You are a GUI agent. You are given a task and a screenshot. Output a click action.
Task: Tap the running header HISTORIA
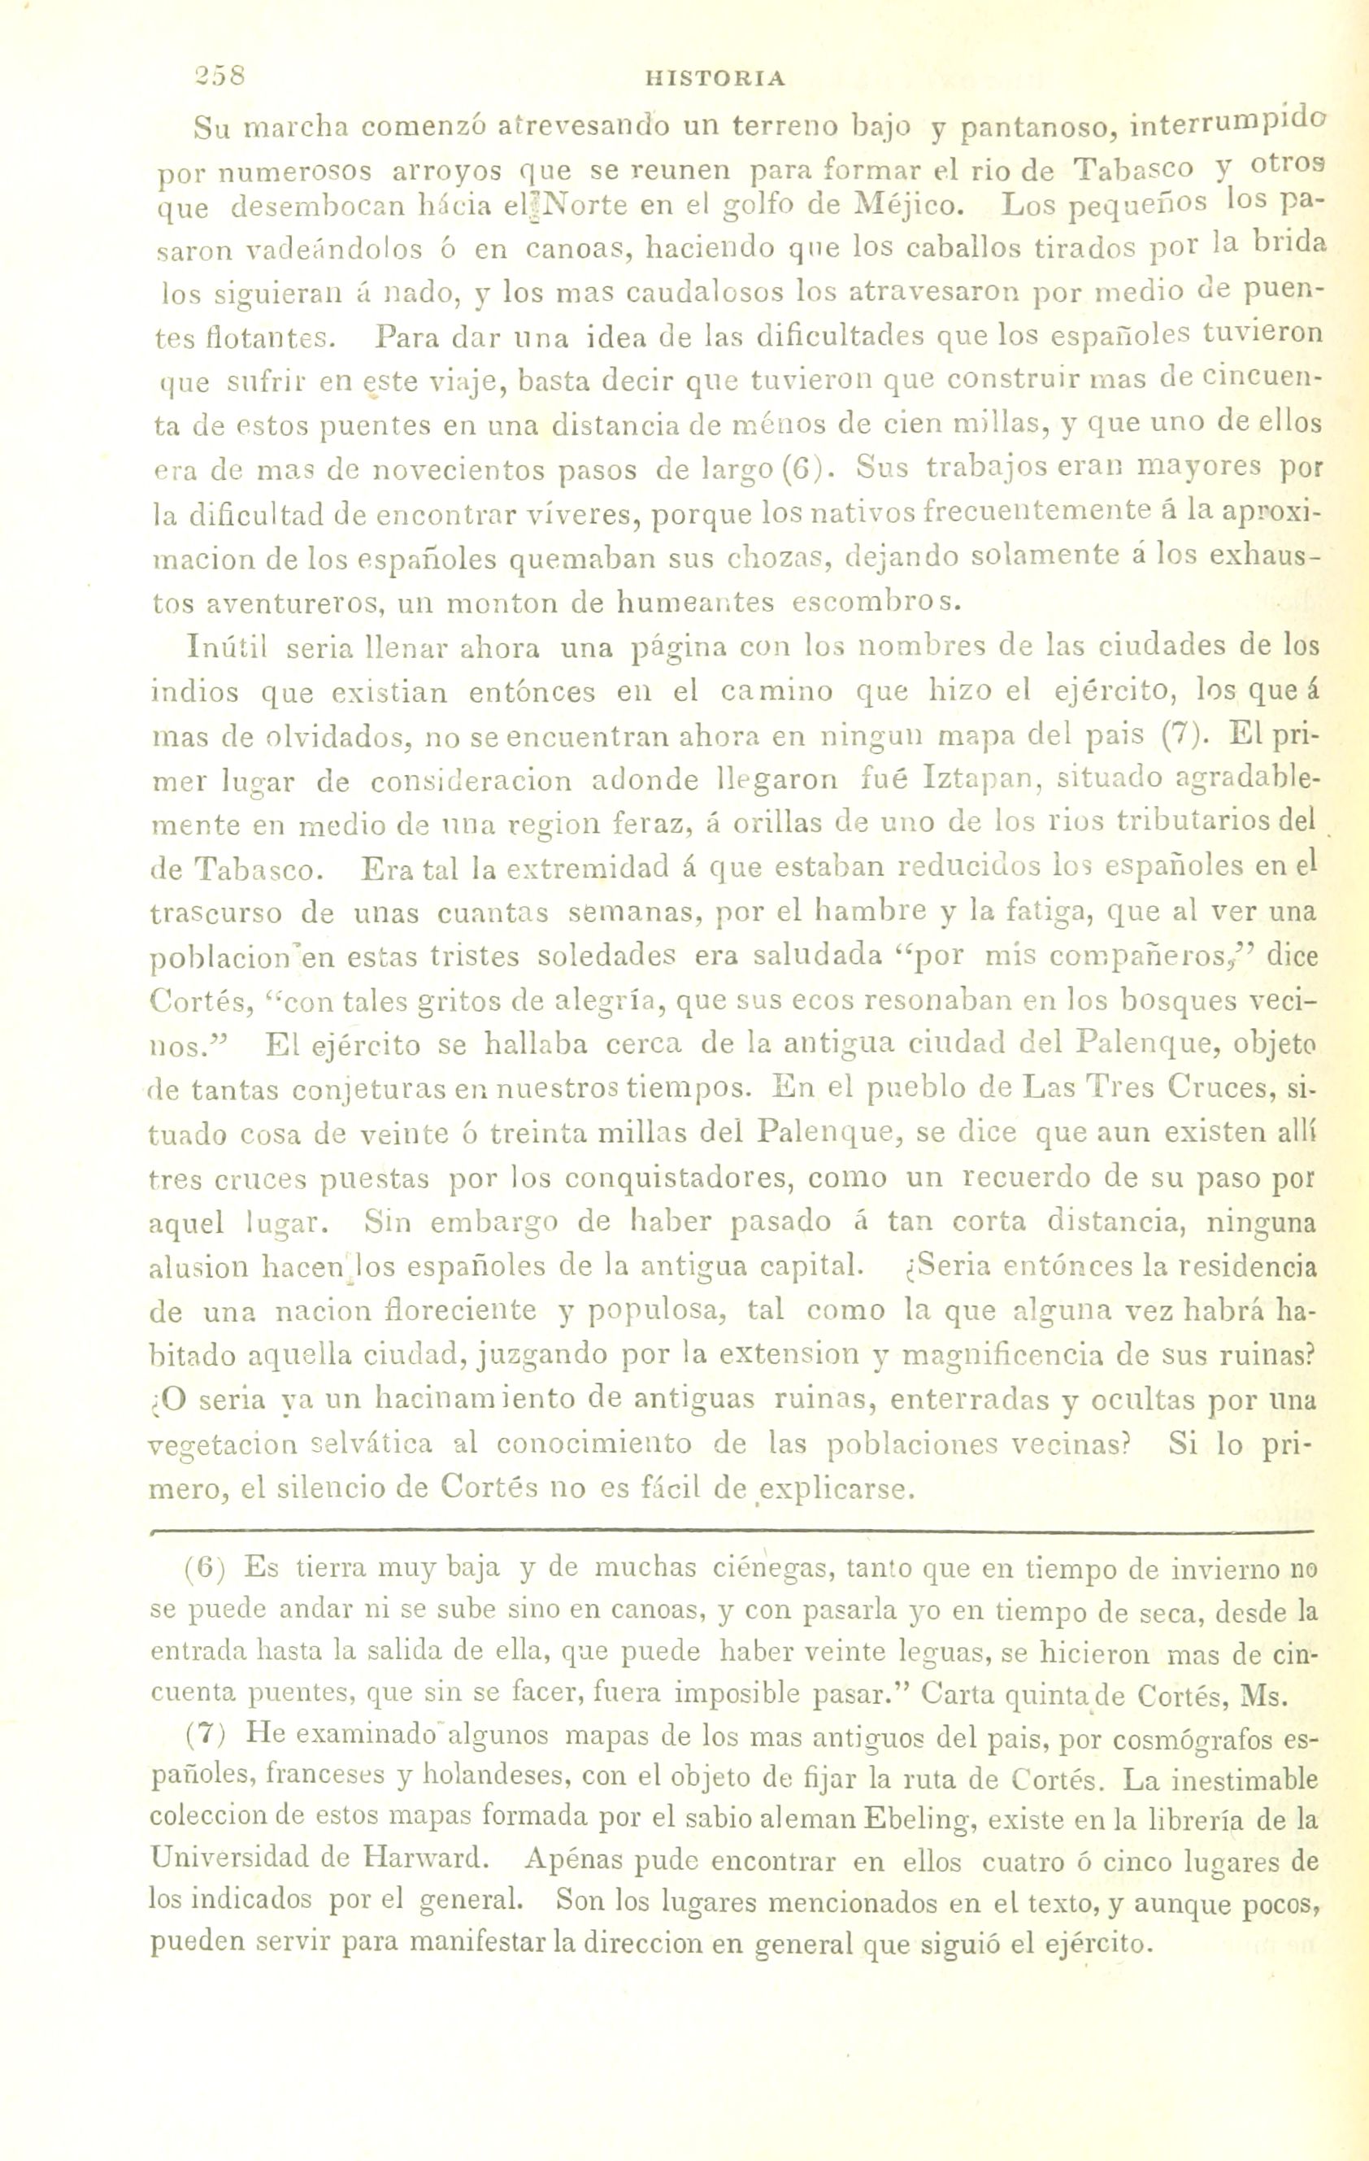click(715, 79)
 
